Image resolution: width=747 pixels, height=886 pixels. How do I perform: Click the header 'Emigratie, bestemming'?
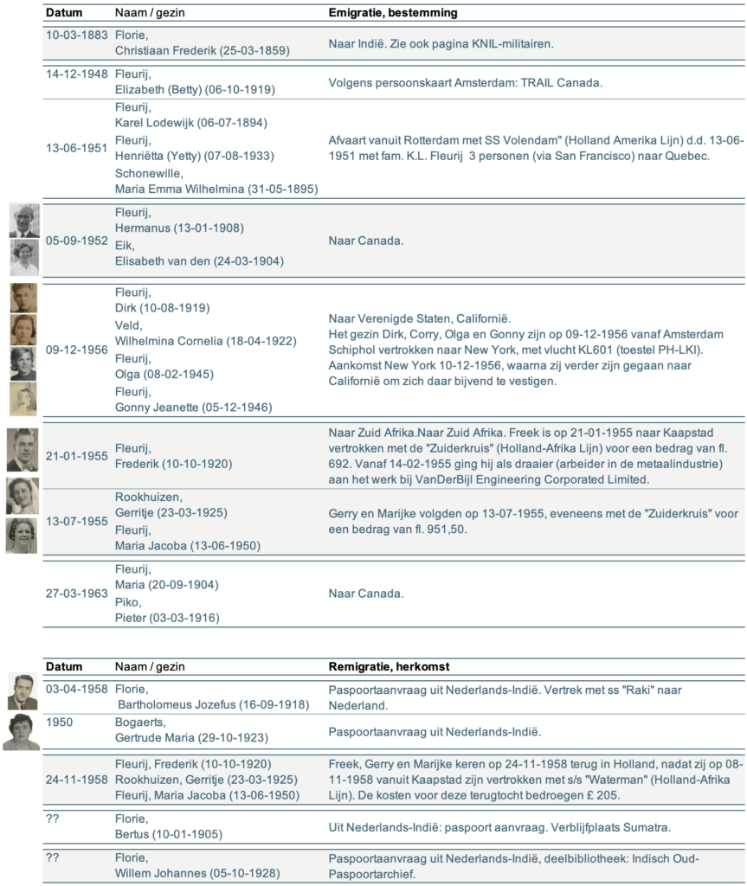[393, 13]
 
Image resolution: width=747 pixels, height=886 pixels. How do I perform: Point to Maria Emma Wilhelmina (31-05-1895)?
[216, 189]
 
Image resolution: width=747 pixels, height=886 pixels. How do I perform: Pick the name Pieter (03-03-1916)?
[167, 618]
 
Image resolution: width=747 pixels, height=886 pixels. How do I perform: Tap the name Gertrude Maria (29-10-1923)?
[191, 737]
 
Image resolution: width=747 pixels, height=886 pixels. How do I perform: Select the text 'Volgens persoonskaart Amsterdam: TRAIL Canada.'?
[465, 83]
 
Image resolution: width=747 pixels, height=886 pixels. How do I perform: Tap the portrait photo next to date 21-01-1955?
[22, 450]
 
